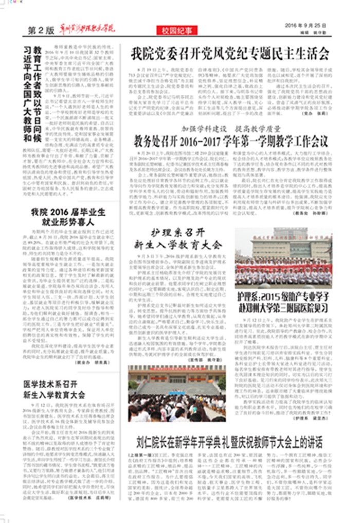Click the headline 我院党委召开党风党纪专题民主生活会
click(x=229, y=54)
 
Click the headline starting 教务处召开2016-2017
click(x=230, y=141)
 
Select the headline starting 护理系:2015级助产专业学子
click(x=283, y=303)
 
